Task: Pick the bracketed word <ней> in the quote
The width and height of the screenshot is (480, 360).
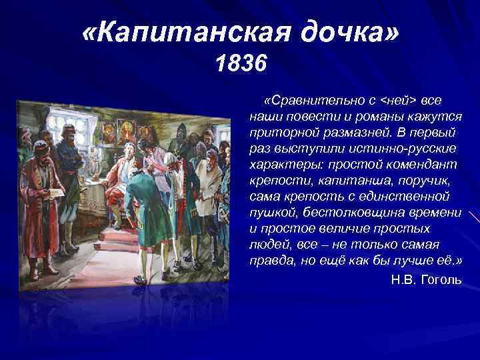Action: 397,99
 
